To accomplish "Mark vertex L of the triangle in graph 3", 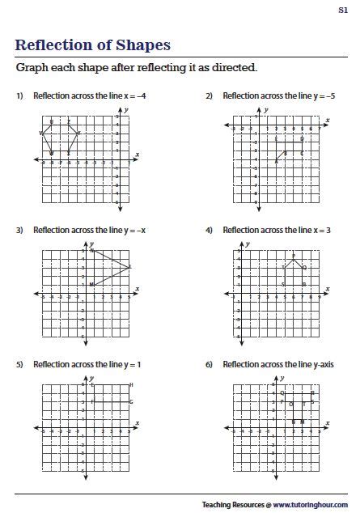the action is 129,267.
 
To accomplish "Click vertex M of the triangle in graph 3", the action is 92,284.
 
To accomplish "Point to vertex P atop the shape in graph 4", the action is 294,256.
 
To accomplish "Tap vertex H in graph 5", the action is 131,385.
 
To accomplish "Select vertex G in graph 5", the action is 131,402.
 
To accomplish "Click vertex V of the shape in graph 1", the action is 41,134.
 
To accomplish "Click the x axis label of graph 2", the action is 328,121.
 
